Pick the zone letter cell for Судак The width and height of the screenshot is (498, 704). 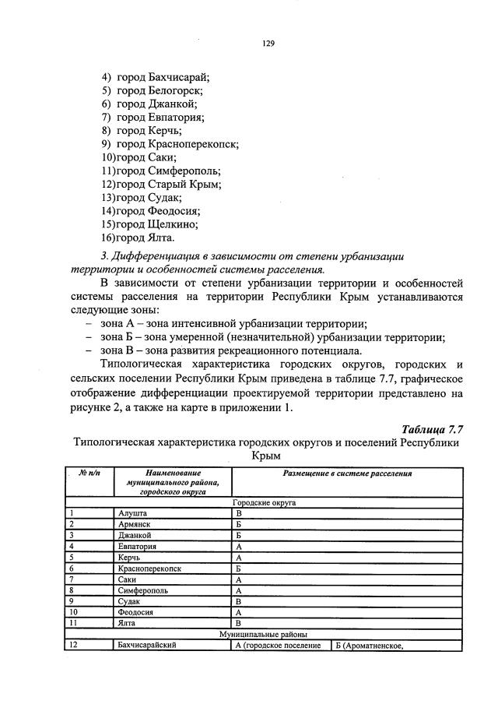tap(240, 601)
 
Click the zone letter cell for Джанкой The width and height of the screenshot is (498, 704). tap(240, 536)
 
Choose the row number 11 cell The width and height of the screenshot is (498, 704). tap(72, 623)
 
